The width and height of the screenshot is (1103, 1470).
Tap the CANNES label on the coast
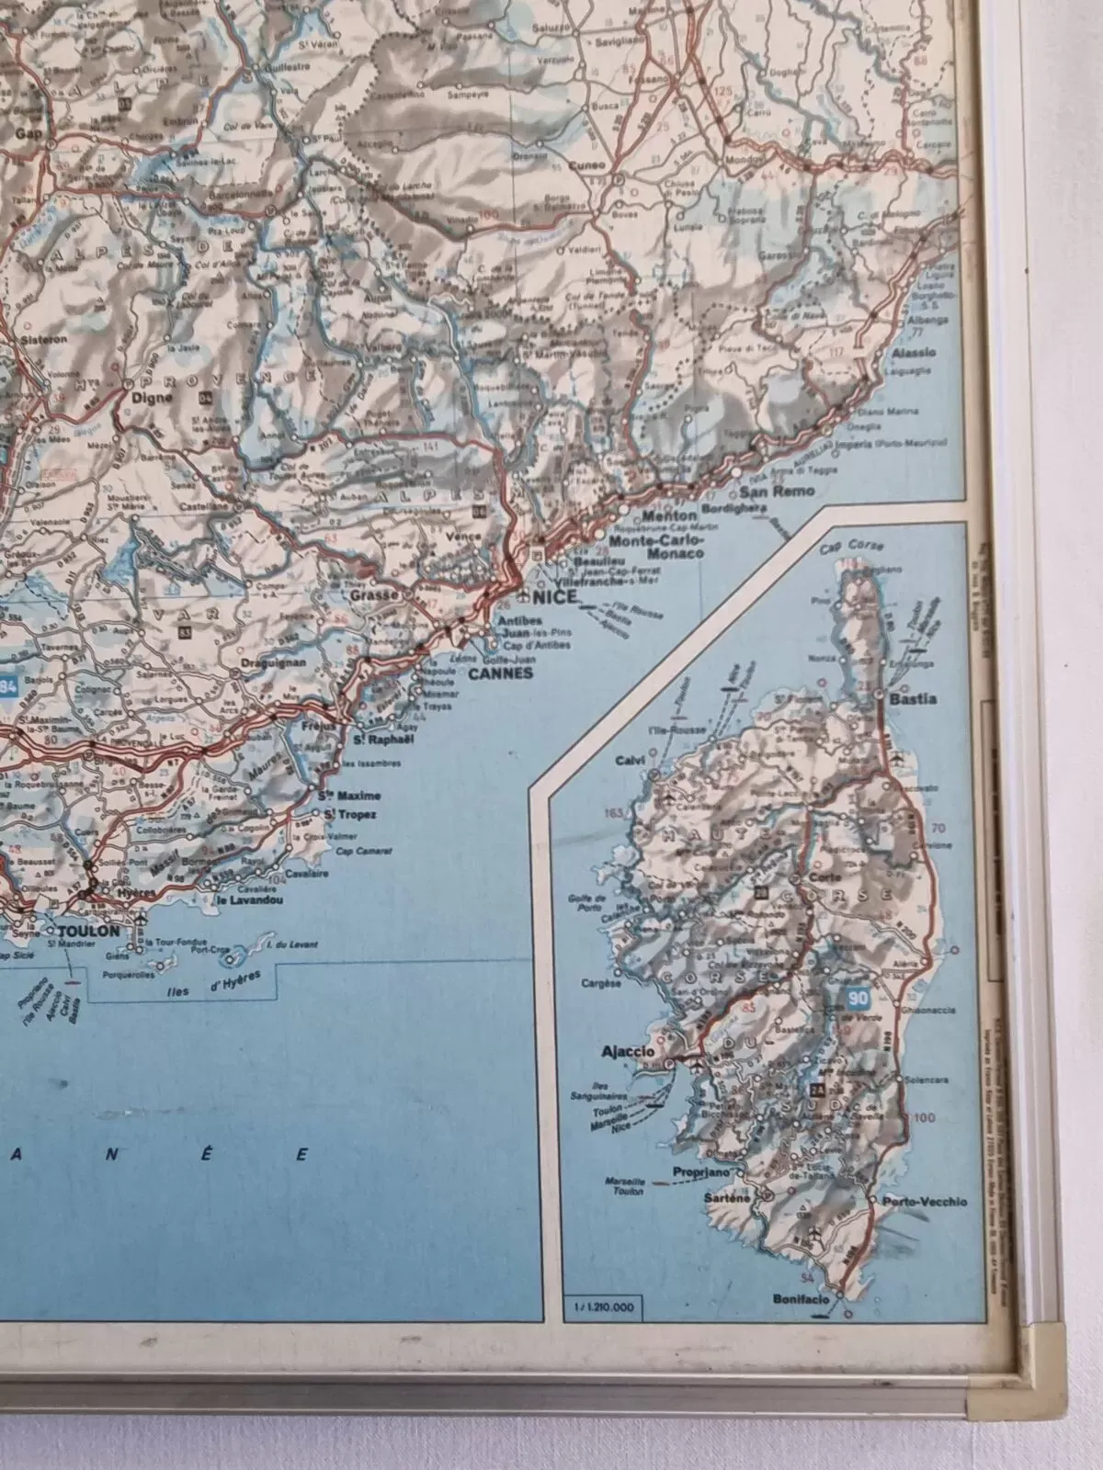500,673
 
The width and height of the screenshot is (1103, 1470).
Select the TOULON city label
88,931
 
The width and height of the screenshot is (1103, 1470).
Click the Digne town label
147,398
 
